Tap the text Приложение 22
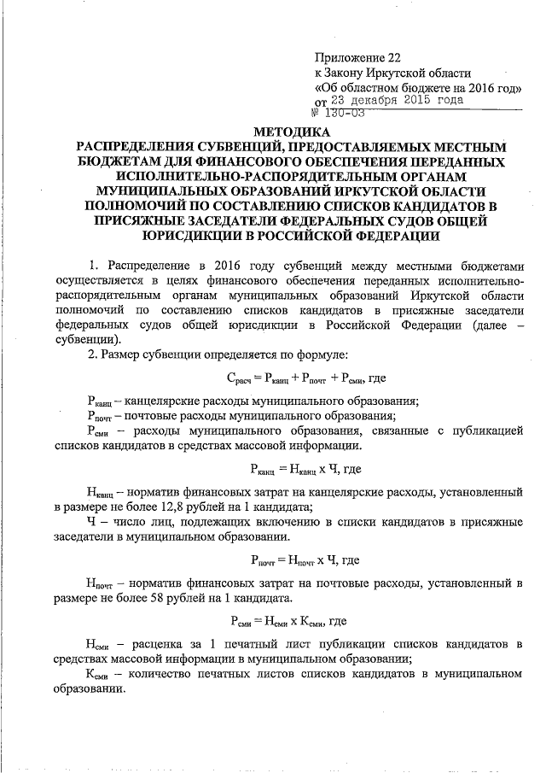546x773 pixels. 357,57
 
